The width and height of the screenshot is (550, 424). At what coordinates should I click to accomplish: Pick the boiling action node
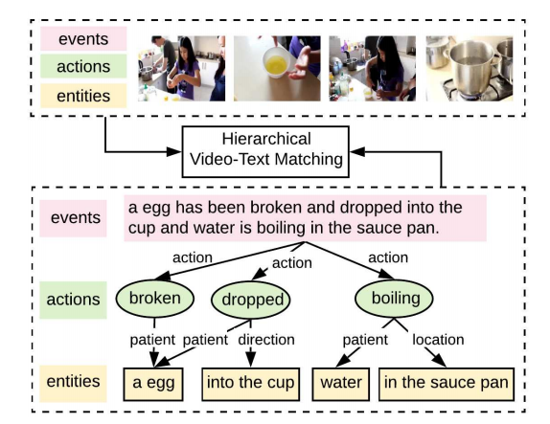tap(396, 299)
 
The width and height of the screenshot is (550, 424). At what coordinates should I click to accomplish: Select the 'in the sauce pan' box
tap(446, 384)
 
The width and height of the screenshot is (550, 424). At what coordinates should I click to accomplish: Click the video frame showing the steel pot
tap(469, 68)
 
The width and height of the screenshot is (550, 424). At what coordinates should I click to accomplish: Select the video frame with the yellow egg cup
tap(274, 68)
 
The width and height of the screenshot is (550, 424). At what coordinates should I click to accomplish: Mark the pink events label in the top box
tap(83, 39)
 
